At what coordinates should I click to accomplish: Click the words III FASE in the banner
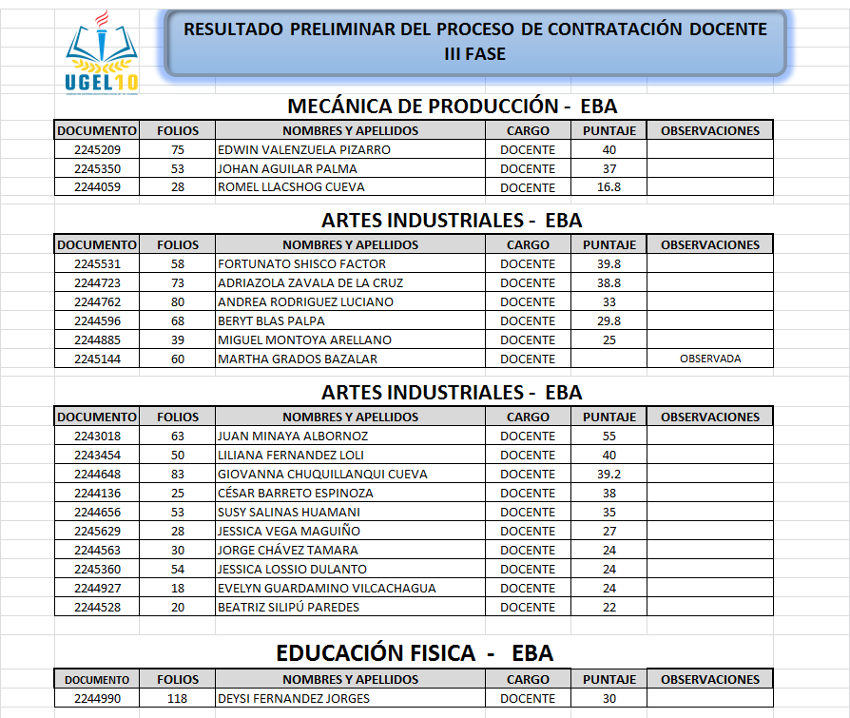(x=474, y=54)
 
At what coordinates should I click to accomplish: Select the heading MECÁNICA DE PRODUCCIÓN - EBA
(x=452, y=106)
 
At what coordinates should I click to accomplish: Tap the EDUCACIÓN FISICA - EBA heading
(x=415, y=653)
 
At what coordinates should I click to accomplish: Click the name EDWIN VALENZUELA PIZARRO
(x=304, y=150)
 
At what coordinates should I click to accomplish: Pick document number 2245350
(x=97, y=168)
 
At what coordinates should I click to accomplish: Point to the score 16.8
(x=609, y=187)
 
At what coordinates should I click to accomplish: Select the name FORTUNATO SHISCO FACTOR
(x=302, y=263)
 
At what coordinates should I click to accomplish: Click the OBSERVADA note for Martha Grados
(x=710, y=359)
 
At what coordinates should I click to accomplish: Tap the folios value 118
(x=178, y=699)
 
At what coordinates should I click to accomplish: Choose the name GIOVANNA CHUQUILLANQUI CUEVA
(x=322, y=474)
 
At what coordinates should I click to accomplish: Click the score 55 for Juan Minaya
(x=609, y=436)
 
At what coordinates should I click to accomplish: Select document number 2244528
(x=97, y=607)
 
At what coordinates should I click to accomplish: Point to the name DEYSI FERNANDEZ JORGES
(x=294, y=699)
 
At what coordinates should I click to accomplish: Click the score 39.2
(x=609, y=474)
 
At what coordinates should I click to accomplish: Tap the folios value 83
(x=178, y=474)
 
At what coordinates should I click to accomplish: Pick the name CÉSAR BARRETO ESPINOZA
(x=296, y=493)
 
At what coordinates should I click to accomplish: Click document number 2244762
(x=97, y=301)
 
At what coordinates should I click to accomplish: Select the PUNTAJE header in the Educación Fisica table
(x=609, y=680)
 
